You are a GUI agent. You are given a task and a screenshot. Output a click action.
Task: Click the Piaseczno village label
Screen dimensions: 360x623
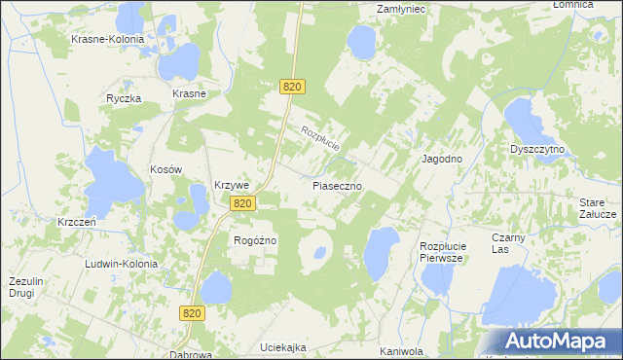338,184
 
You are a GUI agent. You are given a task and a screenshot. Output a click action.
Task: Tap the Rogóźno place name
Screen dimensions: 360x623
256,239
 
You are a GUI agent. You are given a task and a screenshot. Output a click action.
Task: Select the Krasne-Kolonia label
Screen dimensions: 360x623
107,40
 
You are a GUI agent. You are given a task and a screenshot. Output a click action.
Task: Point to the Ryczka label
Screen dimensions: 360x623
125,99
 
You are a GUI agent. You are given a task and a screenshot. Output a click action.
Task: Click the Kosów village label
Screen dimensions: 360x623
166,169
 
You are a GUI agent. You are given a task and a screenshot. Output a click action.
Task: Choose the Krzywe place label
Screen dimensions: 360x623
233,185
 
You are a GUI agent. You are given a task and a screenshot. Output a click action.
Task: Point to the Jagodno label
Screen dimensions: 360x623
441,158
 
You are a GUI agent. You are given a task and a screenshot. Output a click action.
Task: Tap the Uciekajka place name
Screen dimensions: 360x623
283,347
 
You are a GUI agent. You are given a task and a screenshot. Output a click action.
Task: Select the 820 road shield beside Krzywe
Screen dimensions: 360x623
243,203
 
